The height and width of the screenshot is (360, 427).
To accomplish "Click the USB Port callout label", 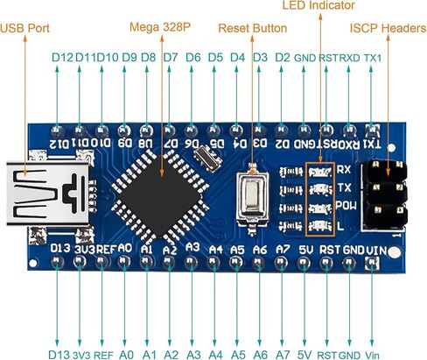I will click(x=25, y=28).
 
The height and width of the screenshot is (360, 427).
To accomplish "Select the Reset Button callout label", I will click(x=252, y=28).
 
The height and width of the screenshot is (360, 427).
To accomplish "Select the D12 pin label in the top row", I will click(x=62, y=58).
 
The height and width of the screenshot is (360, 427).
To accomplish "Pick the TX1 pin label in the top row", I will click(x=373, y=58).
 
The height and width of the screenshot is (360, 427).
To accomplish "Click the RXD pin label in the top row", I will click(x=349, y=58).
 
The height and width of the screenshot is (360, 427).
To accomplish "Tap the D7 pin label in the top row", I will click(x=171, y=58).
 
